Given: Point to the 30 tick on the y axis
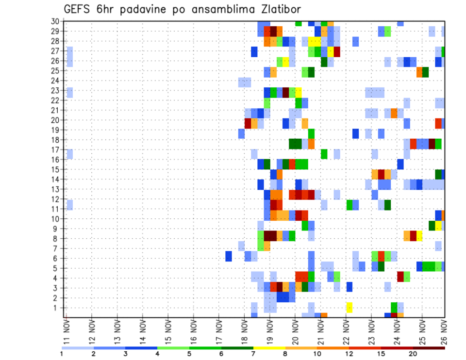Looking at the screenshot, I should point(55,21).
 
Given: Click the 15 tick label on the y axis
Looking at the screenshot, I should point(55,169).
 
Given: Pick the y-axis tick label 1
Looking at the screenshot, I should point(57,308).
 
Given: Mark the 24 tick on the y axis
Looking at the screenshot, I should point(55,81).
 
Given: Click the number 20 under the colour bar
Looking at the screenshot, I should point(413,353).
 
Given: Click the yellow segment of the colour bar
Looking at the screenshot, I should point(269,347).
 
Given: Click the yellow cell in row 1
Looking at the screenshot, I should point(349,307).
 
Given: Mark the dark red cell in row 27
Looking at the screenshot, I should point(337,51).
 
